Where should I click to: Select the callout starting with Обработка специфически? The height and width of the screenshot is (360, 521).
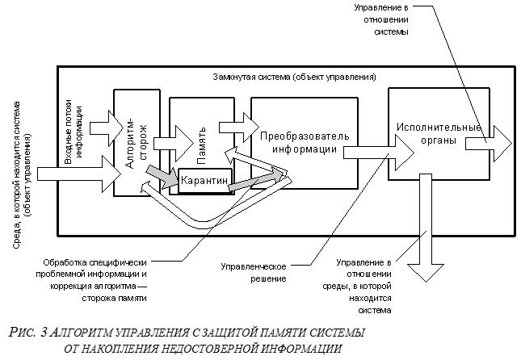(98, 279)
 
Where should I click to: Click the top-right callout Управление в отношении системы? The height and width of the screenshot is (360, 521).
(380, 20)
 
